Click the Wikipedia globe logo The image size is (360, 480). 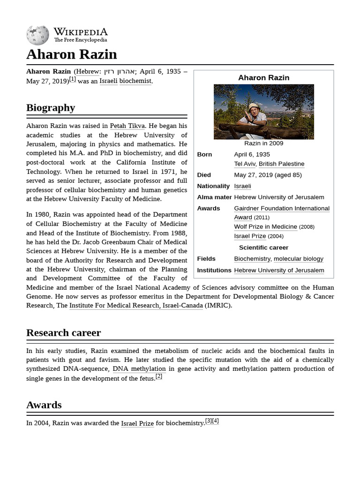pyautogui.click(x=37, y=35)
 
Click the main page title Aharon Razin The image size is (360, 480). pyautogui.click(x=71, y=54)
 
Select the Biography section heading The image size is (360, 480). pyautogui.click(x=51, y=108)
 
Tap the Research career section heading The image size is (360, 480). pyautogui.click(x=63, y=333)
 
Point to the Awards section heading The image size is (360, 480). pyautogui.click(x=44, y=405)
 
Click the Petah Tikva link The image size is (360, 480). pyautogui.click(x=127, y=126)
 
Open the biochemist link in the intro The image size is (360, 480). pyautogui.click(x=135, y=81)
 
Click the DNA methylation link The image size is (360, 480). pyautogui.click(x=139, y=369)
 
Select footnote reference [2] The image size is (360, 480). pyautogui.click(x=159, y=376)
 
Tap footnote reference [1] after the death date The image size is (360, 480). pyautogui.click(x=72, y=79)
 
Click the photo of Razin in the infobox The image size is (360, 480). pyautogui.click(x=263, y=112)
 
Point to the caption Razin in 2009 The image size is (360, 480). pyautogui.click(x=263, y=143)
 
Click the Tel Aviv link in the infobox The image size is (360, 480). pyautogui.click(x=244, y=164)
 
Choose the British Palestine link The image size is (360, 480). pyautogui.click(x=281, y=164)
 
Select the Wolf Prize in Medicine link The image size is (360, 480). pyautogui.click(x=265, y=227)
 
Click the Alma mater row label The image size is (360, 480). pyautogui.click(x=214, y=197)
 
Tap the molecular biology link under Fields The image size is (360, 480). pyautogui.click(x=298, y=259)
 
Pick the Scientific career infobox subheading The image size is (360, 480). pyautogui.click(x=263, y=247)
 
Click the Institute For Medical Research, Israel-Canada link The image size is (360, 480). pyautogui.click(x=136, y=306)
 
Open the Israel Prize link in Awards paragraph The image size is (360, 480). pyautogui.click(x=137, y=423)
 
